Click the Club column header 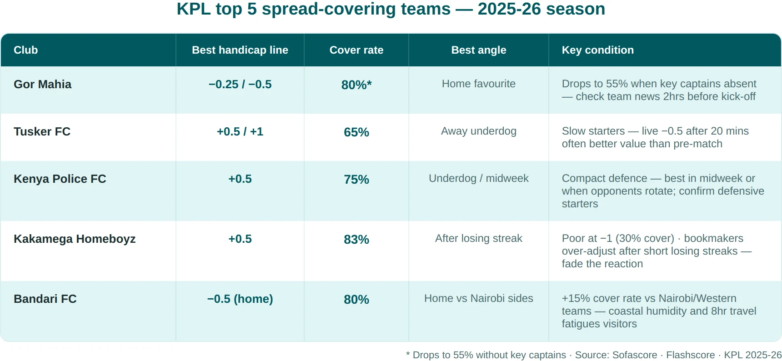click(x=25, y=50)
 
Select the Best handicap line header click(x=240, y=50)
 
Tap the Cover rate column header click(x=356, y=50)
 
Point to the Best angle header click(x=479, y=50)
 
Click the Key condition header click(x=598, y=50)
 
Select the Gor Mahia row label click(x=43, y=84)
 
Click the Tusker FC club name click(x=42, y=131)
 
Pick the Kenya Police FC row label click(x=60, y=179)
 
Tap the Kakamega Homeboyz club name click(x=75, y=239)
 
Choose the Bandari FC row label click(x=45, y=299)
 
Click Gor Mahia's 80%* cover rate click(x=356, y=85)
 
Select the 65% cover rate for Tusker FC click(x=356, y=132)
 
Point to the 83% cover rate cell click(x=356, y=239)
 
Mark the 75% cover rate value click(x=356, y=179)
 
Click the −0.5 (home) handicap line click(x=240, y=299)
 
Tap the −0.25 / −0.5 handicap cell click(x=240, y=84)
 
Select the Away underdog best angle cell click(x=479, y=131)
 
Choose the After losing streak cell click(x=479, y=238)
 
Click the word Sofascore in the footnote click(x=635, y=355)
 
